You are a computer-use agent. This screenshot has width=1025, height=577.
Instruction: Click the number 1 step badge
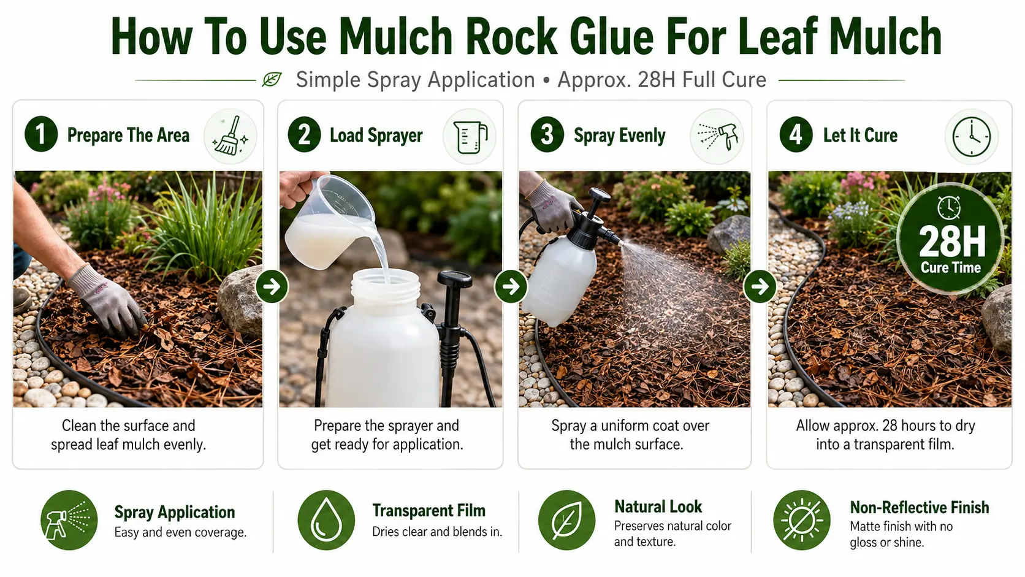click(41, 134)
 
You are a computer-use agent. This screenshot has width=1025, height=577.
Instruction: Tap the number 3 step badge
click(547, 134)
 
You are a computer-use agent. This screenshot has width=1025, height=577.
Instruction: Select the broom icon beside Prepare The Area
click(230, 136)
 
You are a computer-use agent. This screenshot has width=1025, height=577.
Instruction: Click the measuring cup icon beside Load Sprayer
click(470, 136)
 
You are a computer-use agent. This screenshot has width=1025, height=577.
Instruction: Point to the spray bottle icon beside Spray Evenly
click(717, 136)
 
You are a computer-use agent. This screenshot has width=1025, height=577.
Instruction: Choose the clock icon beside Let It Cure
click(972, 136)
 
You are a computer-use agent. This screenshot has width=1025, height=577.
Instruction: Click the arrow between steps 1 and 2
click(272, 286)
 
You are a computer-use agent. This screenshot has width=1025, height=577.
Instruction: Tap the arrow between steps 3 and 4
click(760, 286)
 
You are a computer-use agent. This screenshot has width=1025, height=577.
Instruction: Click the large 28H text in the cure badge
click(952, 241)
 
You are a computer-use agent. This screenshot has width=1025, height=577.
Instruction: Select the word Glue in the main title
click(612, 37)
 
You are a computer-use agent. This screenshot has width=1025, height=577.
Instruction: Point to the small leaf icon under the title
click(272, 80)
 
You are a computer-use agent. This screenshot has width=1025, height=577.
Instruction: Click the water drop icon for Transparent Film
click(326, 520)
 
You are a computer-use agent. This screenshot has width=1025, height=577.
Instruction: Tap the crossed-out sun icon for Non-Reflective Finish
click(802, 520)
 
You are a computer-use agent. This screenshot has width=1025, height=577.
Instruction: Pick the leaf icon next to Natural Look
click(566, 520)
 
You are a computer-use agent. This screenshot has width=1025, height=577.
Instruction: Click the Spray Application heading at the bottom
click(174, 512)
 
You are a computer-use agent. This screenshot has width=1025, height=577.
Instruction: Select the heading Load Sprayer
click(376, 136)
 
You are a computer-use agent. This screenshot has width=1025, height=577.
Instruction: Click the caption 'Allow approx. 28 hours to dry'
click(885, 426)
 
